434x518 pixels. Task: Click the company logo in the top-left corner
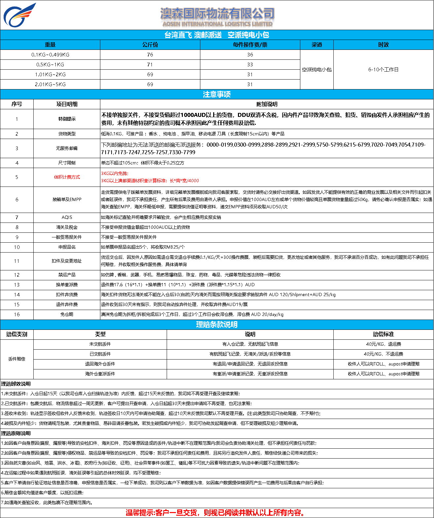click(x=19, y=15)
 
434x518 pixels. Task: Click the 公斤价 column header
click(x=150, y=45)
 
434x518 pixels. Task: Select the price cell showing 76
click(x=150, y=54)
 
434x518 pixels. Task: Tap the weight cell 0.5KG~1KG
click(x=50, y=64)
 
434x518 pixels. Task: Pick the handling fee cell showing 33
click(x=250, y=64)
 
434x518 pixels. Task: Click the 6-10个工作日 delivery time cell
click(x=383, y=69)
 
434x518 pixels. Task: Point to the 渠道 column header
click(x=317, y=45)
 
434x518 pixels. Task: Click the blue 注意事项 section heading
click(x=217, y=94)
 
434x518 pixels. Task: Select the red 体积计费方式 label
click(x=67, y=177)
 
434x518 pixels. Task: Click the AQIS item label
click(x=67, y=217)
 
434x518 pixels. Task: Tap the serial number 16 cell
click(x=17, y=314)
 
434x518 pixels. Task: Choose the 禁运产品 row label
click(x=67, y=275)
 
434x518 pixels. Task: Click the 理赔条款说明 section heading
click(x=217, y=325)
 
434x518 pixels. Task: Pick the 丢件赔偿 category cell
click(x=17, y=359)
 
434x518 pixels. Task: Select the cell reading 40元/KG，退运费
click(x=384, y=344)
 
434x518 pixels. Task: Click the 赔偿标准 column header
click(x=384, y=334)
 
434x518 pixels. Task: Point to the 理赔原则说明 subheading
click(x=16, y=433)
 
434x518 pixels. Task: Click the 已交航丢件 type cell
click(x=100, y=354)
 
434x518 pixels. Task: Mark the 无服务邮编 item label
click(x=67, y=148)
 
